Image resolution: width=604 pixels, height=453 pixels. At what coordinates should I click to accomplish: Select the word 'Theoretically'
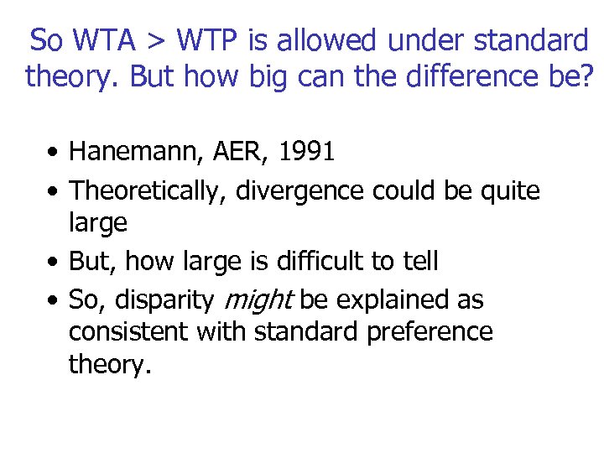(147, 191)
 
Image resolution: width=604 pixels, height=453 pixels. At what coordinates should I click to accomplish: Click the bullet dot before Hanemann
(53, 154)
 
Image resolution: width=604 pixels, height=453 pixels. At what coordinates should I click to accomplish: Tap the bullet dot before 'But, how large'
(53, 263)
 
